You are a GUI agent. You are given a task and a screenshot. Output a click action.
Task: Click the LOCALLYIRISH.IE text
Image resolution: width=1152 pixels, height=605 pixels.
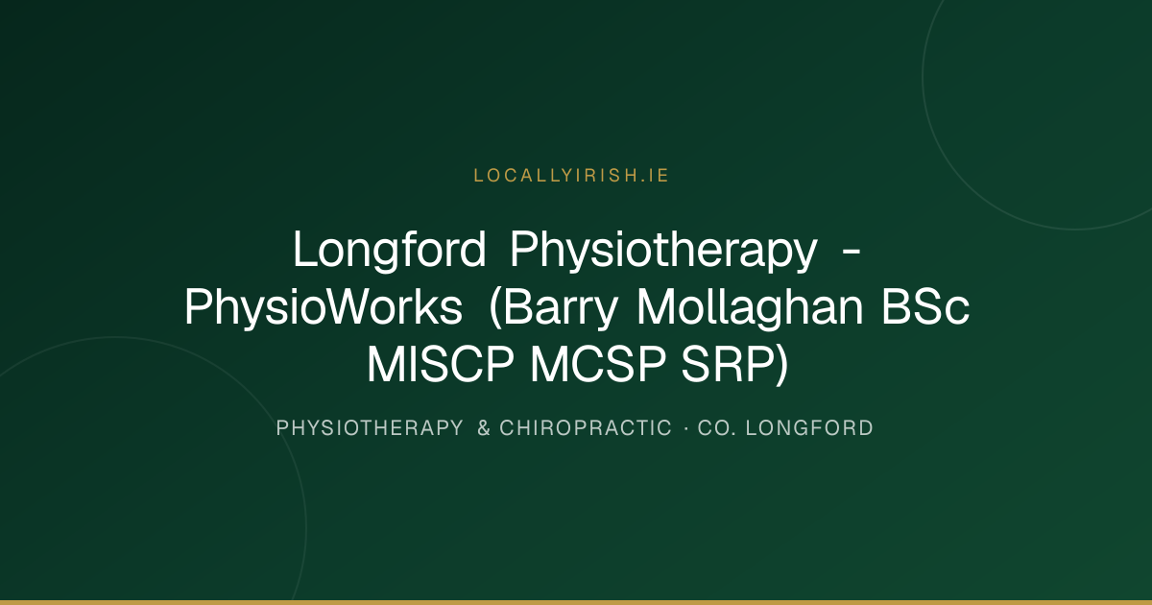click(571, 176)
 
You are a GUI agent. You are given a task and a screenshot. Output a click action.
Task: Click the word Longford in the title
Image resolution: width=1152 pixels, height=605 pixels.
click(390, 250)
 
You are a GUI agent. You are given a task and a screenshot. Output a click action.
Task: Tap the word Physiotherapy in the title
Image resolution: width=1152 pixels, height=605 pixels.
click(663, 250)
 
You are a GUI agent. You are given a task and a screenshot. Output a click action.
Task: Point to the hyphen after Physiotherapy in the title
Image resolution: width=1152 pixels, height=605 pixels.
click(852, 252)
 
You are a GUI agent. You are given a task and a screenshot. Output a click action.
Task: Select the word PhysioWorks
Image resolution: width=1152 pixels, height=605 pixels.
click(324, 307)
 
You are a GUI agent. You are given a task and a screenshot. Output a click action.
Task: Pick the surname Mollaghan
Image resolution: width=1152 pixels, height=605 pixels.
click(751, 306)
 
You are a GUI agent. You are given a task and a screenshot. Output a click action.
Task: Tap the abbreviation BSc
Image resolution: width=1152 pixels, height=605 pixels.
click(925, 307)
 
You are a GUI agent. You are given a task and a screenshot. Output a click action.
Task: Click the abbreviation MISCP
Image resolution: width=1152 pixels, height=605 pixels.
click(441, 364)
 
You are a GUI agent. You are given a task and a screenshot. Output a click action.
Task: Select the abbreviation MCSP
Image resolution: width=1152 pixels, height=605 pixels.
click(598, 364)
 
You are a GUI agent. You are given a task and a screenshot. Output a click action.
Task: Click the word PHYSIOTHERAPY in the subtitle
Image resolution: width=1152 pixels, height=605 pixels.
click(370, 428)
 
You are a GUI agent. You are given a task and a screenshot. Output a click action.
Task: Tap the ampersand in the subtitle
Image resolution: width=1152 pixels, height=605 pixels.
click(484, 428)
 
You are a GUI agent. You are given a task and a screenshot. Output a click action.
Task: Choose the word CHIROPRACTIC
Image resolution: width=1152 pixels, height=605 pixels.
click(586, 428)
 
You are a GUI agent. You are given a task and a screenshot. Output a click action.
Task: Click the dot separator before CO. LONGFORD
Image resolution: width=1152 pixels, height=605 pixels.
click(686, 428)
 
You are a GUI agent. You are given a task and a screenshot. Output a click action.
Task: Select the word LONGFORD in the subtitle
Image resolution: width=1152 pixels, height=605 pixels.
click(809, 428)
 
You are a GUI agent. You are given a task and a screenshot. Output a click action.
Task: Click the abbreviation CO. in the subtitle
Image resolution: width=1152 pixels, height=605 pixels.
click(717, 428)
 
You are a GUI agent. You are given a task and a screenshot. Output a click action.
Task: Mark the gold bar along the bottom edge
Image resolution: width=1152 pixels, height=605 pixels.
click(576, 602)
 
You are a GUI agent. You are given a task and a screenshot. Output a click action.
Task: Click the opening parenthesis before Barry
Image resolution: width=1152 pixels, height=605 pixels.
click(495, 308)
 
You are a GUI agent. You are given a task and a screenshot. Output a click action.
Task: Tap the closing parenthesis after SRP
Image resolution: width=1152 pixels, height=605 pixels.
click(781, 365)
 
